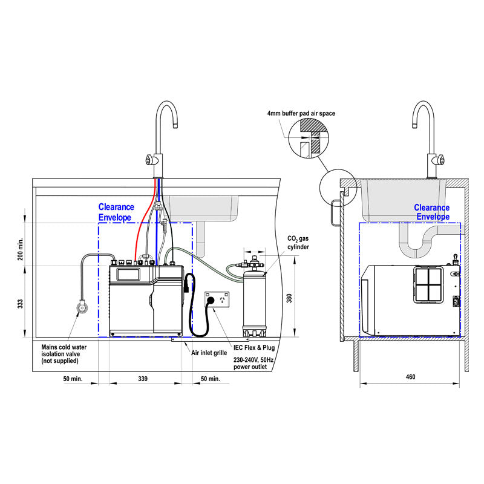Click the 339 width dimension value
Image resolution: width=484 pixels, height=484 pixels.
tap(143, 379)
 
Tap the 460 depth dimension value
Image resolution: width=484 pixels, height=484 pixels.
tap(410, 378)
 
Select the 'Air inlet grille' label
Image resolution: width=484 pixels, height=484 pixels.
tap(209, 352)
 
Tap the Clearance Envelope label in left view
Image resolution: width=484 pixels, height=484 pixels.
tap(118, 212)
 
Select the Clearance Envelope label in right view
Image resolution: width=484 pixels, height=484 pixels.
tap(431, 212)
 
